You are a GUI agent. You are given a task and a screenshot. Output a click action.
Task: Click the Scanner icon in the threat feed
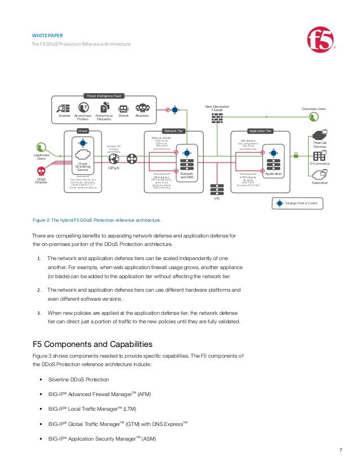tap(64, 108)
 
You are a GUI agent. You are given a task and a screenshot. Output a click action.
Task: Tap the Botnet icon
tap(124, 108)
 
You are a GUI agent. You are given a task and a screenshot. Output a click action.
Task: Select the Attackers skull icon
tap(142, 108)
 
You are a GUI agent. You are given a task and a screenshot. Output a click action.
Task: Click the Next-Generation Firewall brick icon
tap(217, 118)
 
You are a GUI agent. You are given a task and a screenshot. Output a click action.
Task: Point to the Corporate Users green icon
tap(314, 117)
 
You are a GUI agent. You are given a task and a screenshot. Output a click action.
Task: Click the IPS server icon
tap(217, 190)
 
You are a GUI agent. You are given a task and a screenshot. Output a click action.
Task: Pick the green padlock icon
tap(296, 155)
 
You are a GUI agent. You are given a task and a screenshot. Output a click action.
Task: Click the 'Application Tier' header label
tap(261, 131)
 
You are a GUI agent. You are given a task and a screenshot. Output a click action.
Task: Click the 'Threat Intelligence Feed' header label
tap(103, 96)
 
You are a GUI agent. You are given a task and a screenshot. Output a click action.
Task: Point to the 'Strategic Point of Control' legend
tap(298, 203)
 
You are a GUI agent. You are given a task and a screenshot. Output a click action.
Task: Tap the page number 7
tap(340, 450)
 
